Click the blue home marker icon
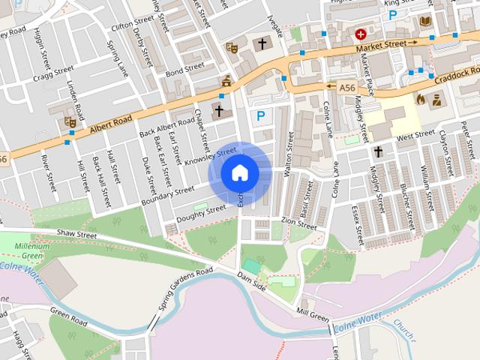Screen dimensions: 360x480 [240, 173]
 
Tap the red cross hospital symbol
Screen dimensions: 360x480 [361, 34]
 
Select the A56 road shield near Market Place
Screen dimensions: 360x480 [346, 88]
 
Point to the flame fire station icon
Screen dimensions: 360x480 [421, 98]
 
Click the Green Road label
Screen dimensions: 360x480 [69, 317]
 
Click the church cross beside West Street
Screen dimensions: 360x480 [379, 152]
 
